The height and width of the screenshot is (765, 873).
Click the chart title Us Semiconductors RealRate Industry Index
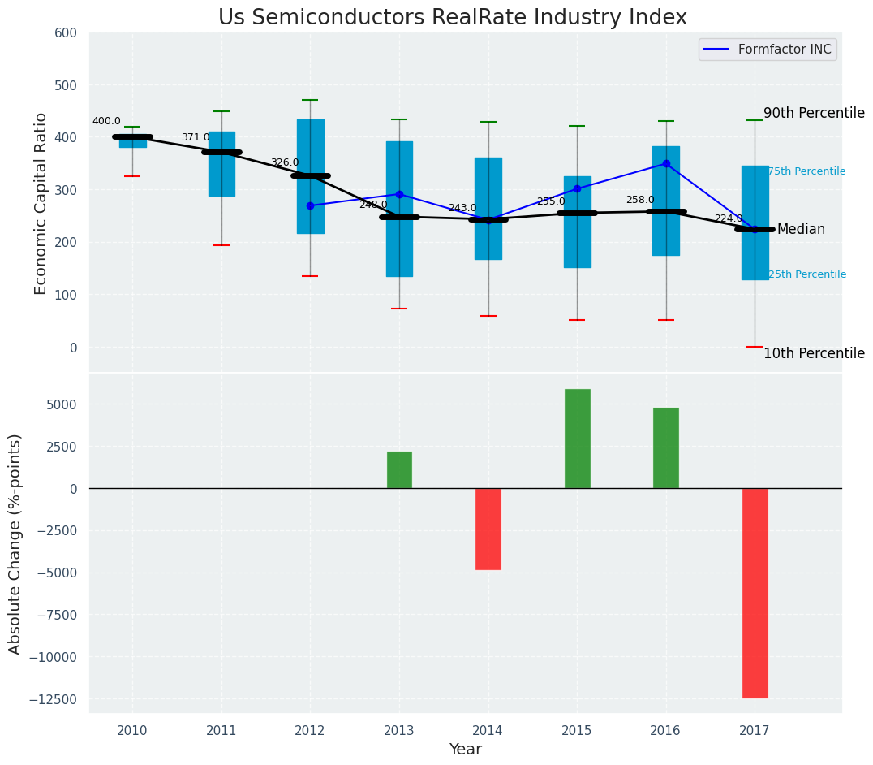pyautogui.click(x=452, y=18)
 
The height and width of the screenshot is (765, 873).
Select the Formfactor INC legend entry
pyautogui.click(x=768, y=50)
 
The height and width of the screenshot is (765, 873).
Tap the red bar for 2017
pyautogui.click(x=755, y=593)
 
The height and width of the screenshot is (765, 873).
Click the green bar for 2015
pyautogui.click(x=577, y=439)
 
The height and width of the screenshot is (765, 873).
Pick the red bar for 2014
pyautogui.click(x=488, y=529)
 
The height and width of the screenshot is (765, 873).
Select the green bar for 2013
pyautogui.click(x=399, y=470)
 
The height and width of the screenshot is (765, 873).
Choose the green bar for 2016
pyautogui.click(x=666, y=448)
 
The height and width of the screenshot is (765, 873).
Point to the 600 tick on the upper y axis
pyautogui.click(x=66, y=33)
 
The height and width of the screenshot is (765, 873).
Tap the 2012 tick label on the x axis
pyautogui.click(x=310, y=731)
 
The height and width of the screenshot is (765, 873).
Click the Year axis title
pyautogui.click(x=466, y=750)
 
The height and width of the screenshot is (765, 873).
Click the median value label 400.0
pyautogui.click(x=106, y=121)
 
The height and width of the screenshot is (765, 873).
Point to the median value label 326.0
pyautogui.click(x=284, y=162)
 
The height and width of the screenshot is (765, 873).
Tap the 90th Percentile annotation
pyautogui.click(x=814, y=114)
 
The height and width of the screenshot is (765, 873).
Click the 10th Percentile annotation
pyautogui.click(x=814, y=353)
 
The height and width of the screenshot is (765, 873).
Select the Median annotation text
pyautogui.click(x=801, y=230)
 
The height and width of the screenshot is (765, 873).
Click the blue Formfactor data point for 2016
pyautogui.click(x=666, y=163)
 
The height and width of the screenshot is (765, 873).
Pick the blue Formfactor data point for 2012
pyautogui.click(x=310, y=205)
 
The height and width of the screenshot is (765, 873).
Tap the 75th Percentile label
pyautogui.click(x=806, y=171)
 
